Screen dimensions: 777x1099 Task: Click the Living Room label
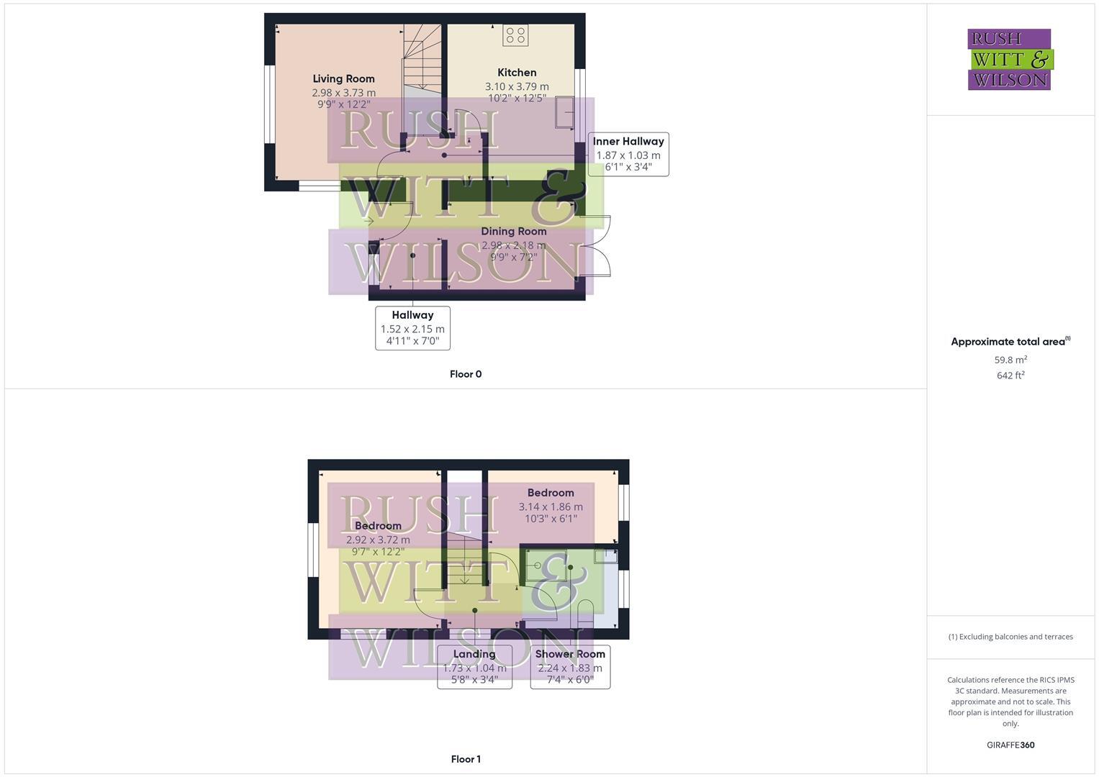point(343,78)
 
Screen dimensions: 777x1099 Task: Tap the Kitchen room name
point(517,72)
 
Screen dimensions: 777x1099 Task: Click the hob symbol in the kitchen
point(515,35)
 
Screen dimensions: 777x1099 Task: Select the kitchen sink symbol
point(565,113)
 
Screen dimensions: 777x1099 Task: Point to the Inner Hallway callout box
point(628,154)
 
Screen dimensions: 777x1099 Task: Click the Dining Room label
point(514,231)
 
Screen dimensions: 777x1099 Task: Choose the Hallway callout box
point(412,328)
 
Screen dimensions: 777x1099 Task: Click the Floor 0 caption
point(466,374)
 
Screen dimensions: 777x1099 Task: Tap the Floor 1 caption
point(466,759)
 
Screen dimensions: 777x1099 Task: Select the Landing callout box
point(474,667)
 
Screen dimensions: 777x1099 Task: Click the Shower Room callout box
point(570,667)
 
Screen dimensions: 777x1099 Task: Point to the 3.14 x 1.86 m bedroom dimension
point(551,506)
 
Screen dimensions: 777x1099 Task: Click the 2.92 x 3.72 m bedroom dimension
point(378,540)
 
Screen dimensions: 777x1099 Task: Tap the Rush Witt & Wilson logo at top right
point(1010,59)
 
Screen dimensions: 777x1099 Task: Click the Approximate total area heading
point(1010,342)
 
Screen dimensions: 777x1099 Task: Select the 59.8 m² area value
point(1010,360)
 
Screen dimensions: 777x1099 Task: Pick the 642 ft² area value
point(1010,376)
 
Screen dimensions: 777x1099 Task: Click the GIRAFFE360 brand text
point(1010,745)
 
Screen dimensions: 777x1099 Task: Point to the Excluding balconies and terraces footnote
point(1010,637)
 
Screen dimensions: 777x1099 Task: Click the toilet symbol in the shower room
point(584,616)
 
